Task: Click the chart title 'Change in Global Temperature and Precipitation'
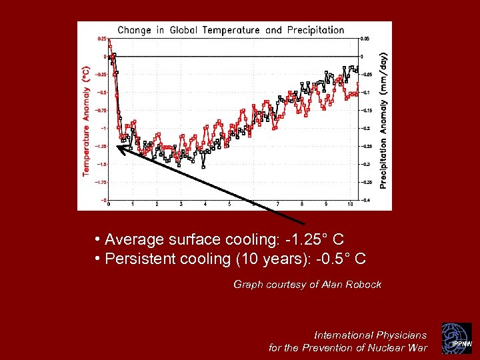coord(231,30)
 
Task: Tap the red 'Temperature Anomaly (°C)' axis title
coord(86,121)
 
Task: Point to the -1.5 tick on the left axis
coord(102,164)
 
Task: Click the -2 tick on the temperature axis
coord(103,199)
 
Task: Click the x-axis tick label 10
coord(350,205)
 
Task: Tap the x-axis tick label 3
coord(181,205)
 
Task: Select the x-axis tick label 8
coord(302,205)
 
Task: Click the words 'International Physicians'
coord(370,335)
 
